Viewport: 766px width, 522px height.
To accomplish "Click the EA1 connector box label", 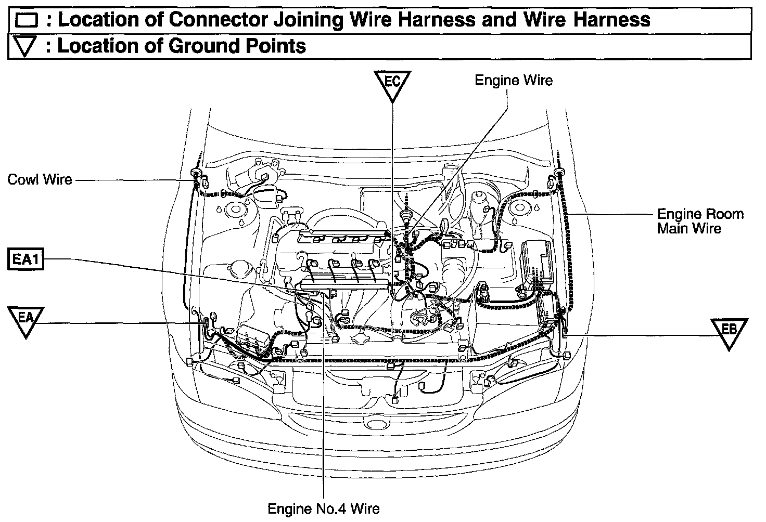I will (x=25, y=259).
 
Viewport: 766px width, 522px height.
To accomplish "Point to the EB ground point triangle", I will (x=730, y=331).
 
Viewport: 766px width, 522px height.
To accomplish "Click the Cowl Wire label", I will (x=40, y=180).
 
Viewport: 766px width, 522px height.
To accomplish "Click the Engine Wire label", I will (x=513, y=80).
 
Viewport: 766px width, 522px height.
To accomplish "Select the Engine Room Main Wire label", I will (x=700, y=221).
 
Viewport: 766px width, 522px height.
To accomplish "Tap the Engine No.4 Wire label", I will (x=323, y=508).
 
